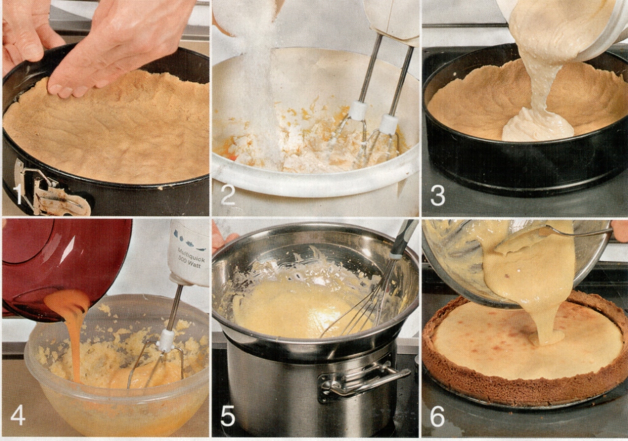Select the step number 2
point(228,195)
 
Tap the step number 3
point(437,195)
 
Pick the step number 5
point(228,416)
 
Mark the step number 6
point(437,416)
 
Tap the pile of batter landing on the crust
point(537,124)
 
